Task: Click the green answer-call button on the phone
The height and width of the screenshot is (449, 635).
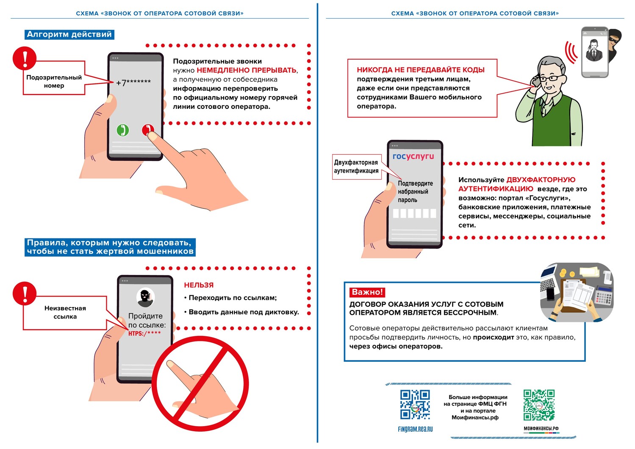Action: click(123, 130)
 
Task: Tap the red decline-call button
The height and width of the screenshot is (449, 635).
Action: click(147, 130)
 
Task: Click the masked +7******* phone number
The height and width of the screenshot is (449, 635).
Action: click(133, 82)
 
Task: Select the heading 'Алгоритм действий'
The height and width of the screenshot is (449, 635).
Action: click(69, 34)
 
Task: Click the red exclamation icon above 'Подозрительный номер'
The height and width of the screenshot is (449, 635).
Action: click(25, 58)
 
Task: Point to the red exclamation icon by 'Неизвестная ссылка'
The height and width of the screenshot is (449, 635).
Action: click(25, 293)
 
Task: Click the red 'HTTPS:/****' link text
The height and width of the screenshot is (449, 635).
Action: click(144, 333)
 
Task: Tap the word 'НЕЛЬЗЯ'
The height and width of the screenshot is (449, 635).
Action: click(199, 285)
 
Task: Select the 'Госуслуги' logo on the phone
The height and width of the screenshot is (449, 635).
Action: click(413, 156)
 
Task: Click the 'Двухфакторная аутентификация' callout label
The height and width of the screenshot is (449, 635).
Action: click(356, 166)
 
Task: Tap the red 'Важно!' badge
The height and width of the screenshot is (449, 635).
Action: click(367, 292)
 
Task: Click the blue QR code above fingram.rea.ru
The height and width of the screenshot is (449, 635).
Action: click(415, 405)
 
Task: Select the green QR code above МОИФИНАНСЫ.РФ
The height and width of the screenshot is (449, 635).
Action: click(539, 405)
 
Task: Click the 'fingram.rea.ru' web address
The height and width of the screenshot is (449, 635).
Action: click(415, 429)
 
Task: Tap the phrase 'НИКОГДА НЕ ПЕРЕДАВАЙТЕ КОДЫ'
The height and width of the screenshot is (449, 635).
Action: click(420, 70)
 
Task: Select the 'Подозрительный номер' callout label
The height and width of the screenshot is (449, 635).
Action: click(54, 81)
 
